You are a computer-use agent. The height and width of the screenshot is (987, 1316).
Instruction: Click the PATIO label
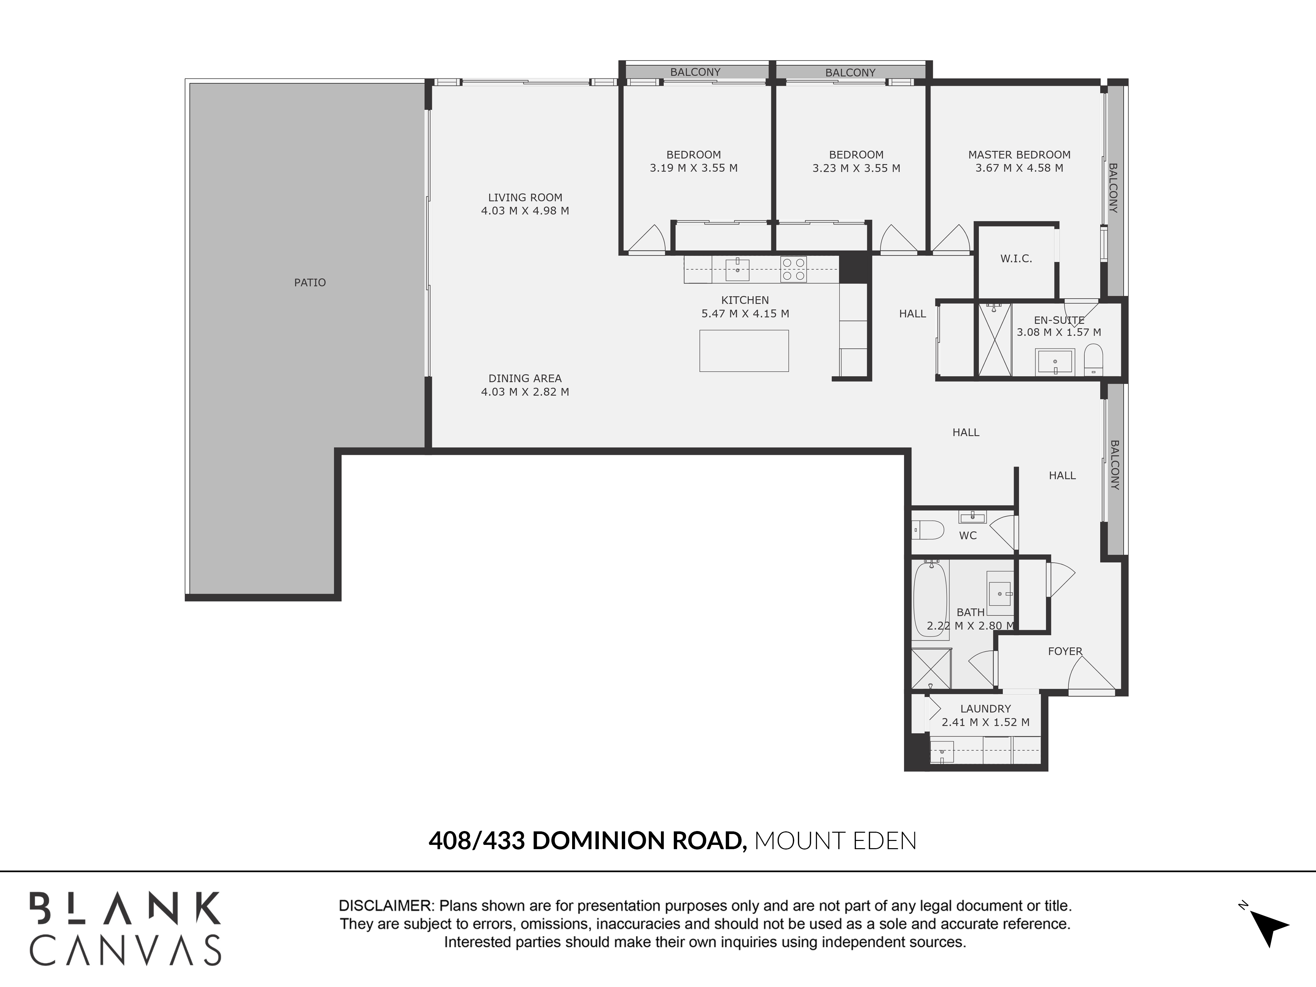click(x=310, y=283)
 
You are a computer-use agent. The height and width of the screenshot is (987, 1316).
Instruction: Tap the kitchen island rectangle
click(x=744, y=351)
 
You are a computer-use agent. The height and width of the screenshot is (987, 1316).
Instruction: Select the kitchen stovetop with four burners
click(x=794, y=269)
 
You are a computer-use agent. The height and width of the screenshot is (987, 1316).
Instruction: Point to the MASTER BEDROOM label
click(x=1019, y=155)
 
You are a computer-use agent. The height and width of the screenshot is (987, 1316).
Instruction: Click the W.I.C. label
click(x=1016, y=259)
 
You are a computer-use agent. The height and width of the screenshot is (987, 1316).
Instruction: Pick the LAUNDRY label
click(x=985, y=709)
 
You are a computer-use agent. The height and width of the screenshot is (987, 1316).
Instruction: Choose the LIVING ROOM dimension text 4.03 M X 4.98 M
click(x=525, y=211)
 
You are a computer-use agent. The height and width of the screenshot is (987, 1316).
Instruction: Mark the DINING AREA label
click(x=525, y=378)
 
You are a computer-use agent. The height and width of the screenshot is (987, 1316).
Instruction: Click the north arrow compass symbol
click(x=1267, y=926)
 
